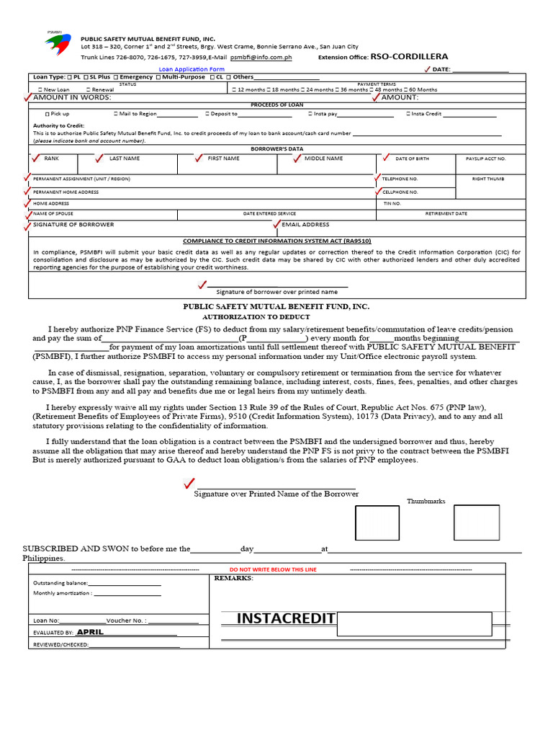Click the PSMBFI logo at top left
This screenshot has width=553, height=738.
point(57,45)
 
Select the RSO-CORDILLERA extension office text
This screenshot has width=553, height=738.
point(409,56)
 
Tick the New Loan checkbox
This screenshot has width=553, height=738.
point(47,89)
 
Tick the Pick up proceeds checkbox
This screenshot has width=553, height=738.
point(48,114)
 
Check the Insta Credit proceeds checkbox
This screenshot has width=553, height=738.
point(408,114)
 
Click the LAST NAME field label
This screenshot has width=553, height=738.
point(125,158)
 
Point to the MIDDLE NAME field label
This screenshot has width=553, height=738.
point(323,158)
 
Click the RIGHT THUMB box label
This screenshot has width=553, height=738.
point(487,178)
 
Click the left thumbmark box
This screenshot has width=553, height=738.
point(377,523)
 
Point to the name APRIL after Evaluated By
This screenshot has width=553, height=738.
point(91,631)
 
